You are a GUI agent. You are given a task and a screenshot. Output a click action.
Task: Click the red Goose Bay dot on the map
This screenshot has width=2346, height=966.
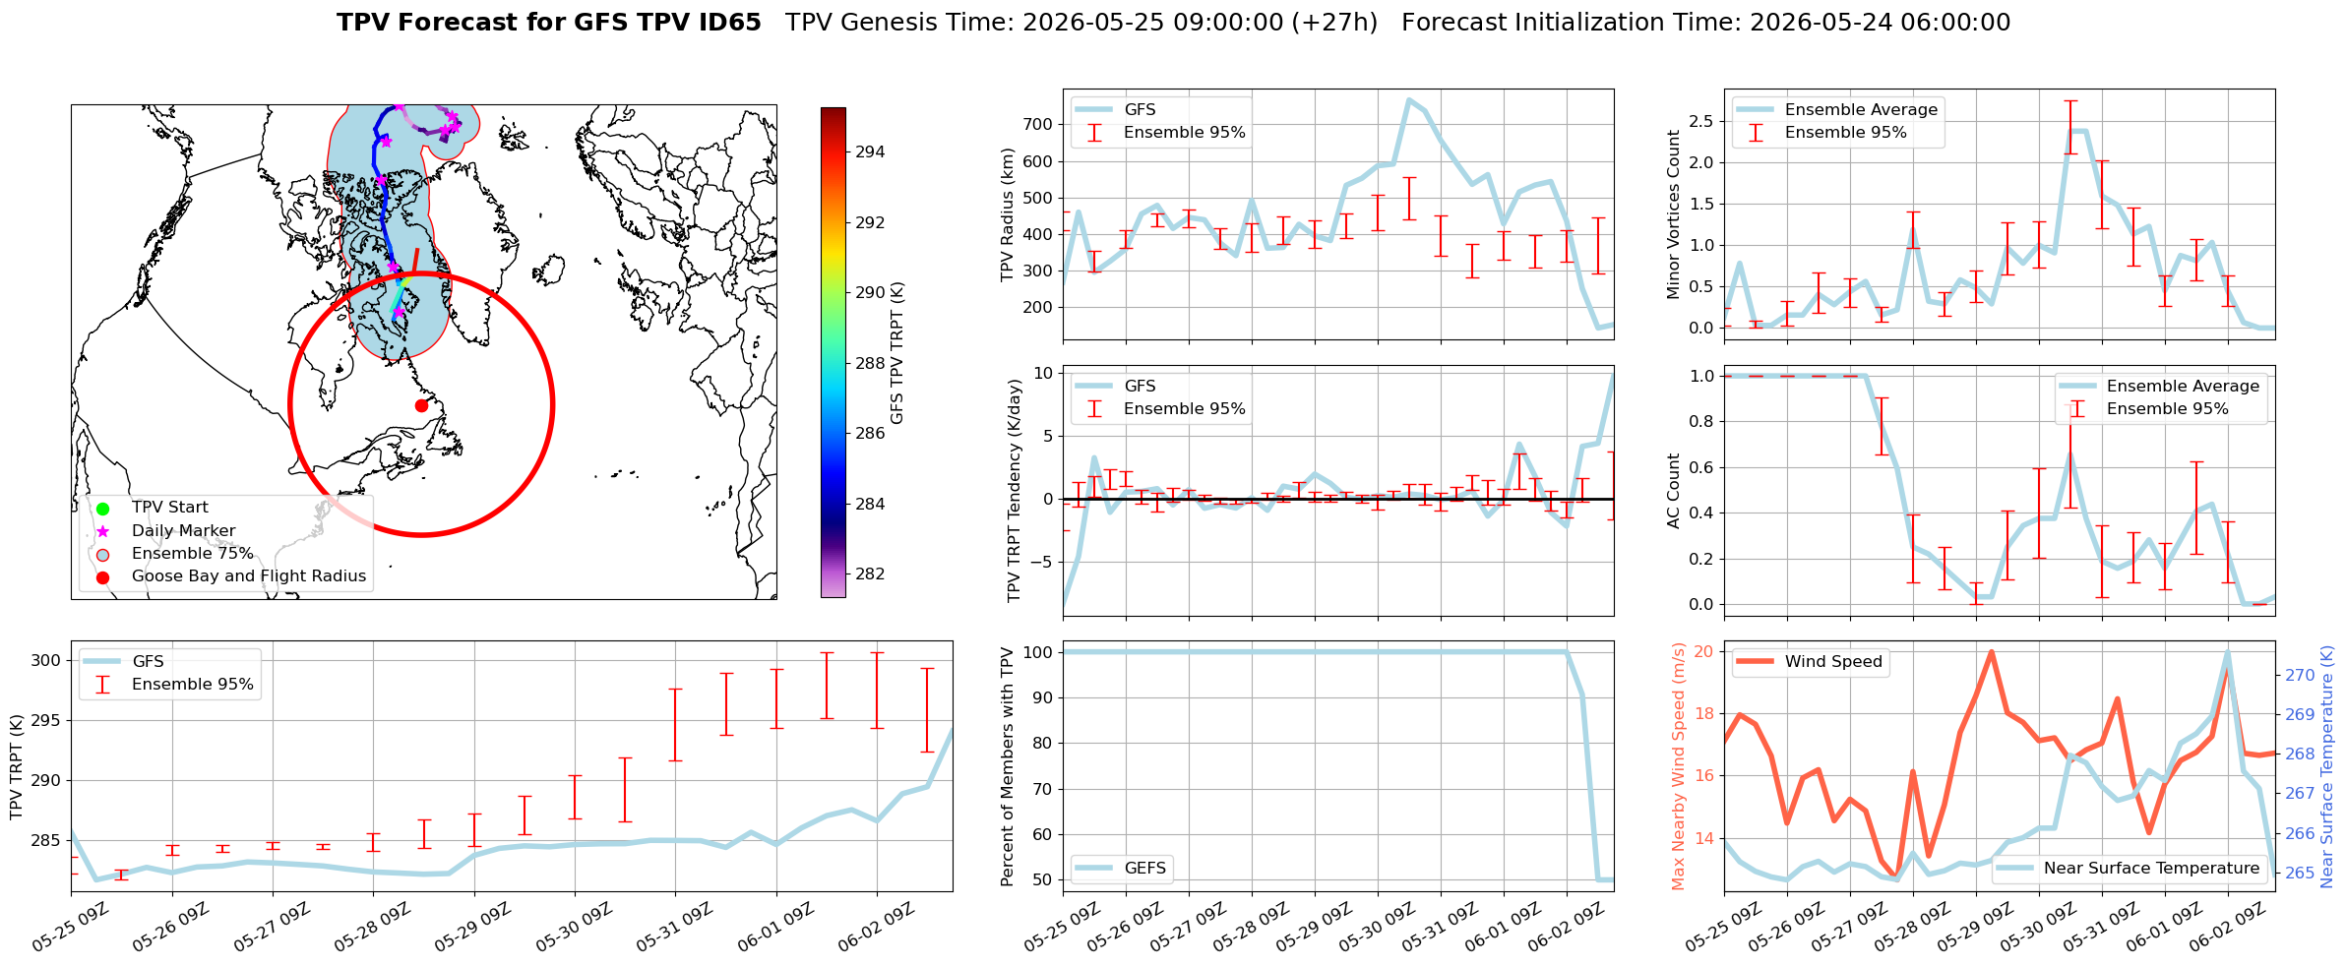[421, 405]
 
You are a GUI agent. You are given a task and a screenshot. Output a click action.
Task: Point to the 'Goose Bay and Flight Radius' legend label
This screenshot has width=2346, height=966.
[249, 575]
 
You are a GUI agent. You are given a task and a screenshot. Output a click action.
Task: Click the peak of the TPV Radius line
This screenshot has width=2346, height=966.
[1409, 99]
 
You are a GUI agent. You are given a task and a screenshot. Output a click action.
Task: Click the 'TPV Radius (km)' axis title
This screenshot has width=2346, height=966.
[1007, 214]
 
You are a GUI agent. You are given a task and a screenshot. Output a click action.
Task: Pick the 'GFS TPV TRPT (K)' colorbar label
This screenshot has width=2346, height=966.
[896, 353]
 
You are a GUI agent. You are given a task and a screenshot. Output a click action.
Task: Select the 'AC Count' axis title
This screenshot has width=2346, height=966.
[1673, 491]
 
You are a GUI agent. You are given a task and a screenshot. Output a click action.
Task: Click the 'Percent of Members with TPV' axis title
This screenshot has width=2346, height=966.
[1007, 766]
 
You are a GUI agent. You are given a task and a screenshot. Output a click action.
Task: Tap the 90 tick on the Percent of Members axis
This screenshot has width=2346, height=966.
[1042, 698]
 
